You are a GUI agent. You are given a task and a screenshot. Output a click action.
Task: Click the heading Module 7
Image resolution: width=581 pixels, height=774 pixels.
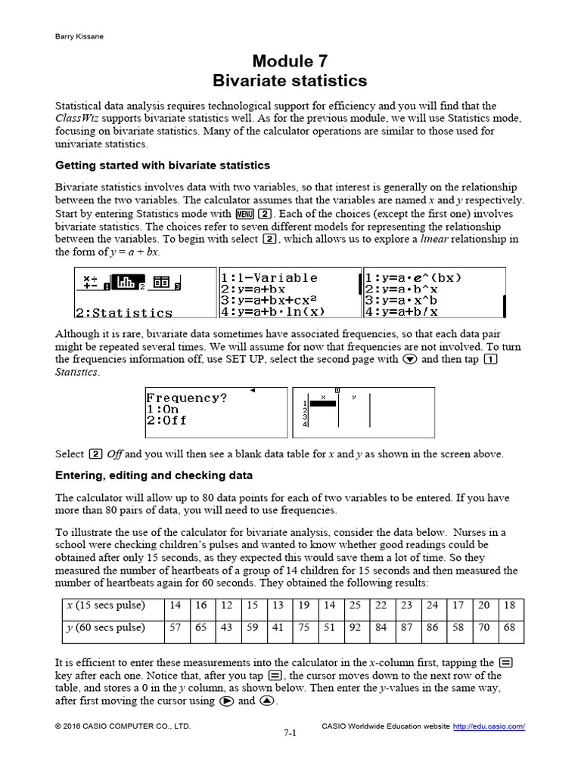tap(290, 61)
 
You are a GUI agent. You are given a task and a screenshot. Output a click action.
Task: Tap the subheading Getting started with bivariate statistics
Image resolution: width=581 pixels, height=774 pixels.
tap(163, 166)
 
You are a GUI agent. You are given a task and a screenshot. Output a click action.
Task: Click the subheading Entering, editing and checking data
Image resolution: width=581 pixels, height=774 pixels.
tap(154, 475)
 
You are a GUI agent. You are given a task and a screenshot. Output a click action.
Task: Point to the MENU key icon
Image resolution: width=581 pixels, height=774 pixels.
tap(244, 214)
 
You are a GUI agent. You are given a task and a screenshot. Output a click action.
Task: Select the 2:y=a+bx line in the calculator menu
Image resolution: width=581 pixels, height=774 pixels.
tap(253, 289)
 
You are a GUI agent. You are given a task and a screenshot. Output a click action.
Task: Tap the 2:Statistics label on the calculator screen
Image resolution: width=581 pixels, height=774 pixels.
tap(124, 313)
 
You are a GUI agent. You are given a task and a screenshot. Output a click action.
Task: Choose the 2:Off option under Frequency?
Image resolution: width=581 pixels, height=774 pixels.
tap(166, 420)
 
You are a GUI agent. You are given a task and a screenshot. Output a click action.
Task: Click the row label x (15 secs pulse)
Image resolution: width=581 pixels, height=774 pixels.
tap(105, 605)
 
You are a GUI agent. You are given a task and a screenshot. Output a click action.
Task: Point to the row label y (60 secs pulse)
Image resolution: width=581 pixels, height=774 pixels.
tap(105, 628)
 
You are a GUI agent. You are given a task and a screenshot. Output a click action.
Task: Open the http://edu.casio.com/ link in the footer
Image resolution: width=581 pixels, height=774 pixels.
tap(489, 726)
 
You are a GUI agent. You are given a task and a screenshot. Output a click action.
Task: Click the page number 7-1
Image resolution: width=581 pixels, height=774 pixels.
tap(290, 733)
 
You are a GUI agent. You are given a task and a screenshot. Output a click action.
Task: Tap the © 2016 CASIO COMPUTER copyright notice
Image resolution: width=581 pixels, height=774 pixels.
tap(123, 726)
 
